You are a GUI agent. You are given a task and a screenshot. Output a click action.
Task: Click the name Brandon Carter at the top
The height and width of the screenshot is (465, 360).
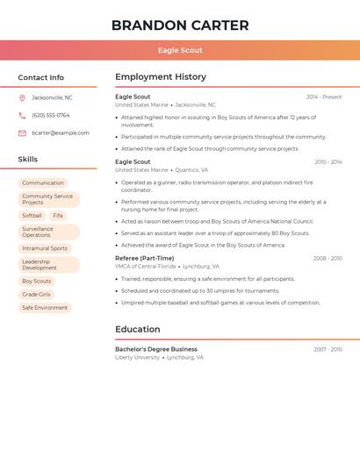point(179,25)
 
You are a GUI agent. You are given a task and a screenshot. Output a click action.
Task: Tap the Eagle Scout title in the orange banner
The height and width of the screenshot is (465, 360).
point(179,51)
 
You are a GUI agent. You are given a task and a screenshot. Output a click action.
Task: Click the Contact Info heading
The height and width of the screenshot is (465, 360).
point(41,77)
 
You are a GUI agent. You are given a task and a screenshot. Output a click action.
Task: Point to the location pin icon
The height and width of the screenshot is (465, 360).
point(22,97)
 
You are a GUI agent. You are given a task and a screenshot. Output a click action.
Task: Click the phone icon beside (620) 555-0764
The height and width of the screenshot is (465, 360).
point(22,115)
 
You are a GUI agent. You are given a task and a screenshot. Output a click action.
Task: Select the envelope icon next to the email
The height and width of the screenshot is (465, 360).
point(22,133)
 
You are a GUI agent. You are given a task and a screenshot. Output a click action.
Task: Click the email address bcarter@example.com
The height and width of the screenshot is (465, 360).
point(61,133)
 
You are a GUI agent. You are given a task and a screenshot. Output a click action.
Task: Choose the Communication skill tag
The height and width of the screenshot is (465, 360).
point(43,182)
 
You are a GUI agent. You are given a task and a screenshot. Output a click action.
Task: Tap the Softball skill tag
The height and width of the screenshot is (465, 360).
point(32,215)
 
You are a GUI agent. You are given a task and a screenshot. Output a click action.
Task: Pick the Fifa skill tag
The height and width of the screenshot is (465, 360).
point(58,215)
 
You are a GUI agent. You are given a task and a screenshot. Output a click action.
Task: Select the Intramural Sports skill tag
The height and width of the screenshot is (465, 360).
point(45,248)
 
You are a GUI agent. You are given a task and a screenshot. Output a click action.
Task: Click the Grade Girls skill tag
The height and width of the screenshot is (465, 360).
point(37,295)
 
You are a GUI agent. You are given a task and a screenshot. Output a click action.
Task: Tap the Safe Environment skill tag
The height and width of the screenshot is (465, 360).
point(45,308)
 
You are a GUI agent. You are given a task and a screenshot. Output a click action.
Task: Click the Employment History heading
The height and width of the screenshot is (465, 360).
point(161,77)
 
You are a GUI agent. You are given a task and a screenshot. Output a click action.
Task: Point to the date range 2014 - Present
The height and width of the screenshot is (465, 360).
point(324,97)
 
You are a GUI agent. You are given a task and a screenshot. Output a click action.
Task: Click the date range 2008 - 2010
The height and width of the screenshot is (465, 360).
point(328,259)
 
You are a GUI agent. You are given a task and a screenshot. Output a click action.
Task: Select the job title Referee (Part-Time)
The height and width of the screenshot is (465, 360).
point(145,259)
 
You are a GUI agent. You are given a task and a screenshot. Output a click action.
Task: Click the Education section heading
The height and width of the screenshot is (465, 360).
point(138,329)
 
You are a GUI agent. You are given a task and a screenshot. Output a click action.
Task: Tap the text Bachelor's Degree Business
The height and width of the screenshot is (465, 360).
point(156,349)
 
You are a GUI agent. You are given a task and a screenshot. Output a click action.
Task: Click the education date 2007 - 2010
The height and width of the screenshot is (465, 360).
point(328,349)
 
